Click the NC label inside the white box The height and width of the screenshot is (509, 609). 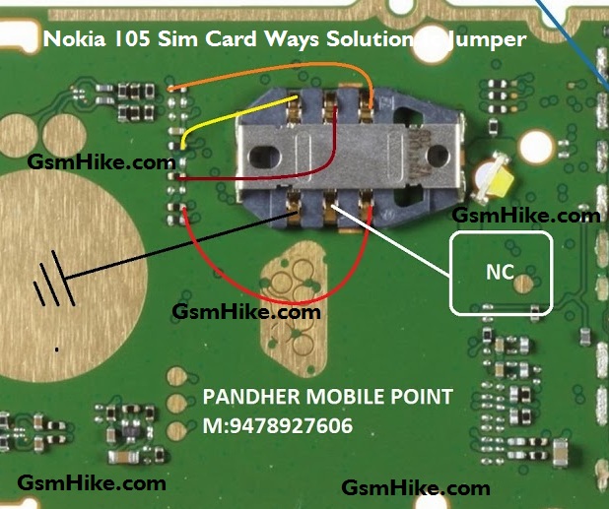click(x=500, y=273)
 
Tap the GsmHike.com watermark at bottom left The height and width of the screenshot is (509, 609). click(x=92, y=482)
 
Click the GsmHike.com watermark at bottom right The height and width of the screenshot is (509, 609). click(x=415, y=487)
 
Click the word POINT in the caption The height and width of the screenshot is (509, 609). click(x=424, y=398)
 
